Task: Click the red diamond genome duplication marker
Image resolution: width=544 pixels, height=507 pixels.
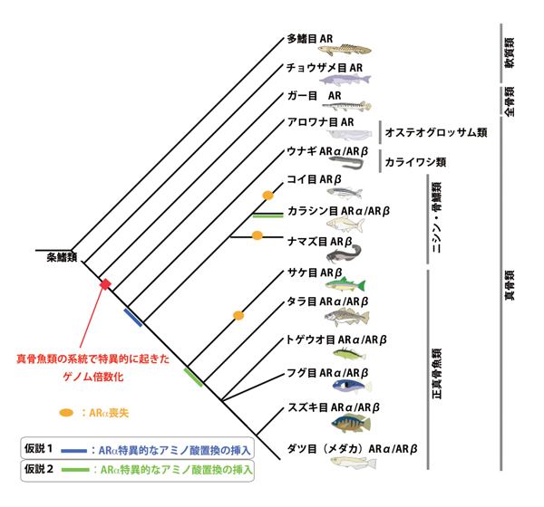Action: [105, 284]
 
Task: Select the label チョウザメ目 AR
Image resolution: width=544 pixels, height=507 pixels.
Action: [325, 67]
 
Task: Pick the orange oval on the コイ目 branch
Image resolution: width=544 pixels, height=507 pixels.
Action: [267, 195]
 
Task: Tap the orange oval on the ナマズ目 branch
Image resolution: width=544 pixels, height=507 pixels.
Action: [257, 235]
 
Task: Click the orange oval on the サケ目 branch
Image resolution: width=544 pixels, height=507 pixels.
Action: [238, 315]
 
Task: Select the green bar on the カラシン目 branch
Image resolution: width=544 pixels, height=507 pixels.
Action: [268, 215]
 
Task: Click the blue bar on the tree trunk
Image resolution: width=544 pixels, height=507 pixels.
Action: [133, 316]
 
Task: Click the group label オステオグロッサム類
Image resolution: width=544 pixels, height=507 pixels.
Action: [436, 131]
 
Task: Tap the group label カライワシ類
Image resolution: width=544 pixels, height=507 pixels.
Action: [415, 162]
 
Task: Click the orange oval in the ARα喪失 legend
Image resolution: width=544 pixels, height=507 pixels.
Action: [65, 413]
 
